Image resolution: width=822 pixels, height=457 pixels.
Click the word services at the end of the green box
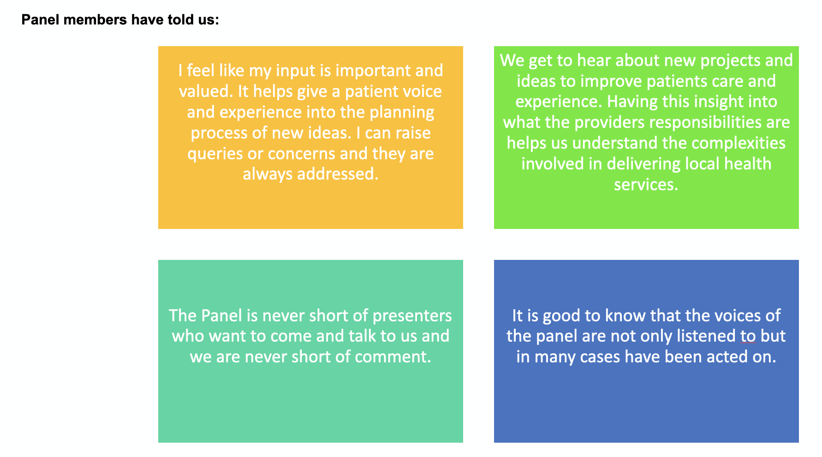click(645, 185)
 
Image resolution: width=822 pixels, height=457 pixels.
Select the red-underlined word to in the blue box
click(748, 336)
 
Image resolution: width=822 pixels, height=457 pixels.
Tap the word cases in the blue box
click(600, 357)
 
